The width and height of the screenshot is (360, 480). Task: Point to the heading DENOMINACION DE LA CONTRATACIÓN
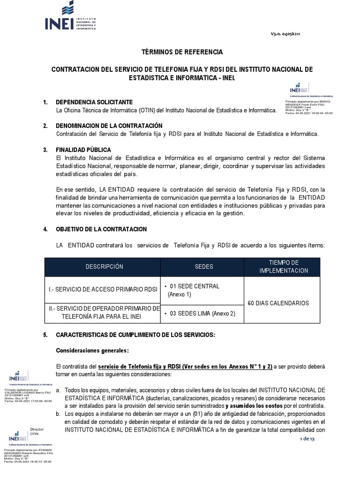(x=109, y=126)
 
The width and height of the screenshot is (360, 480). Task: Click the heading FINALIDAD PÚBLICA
(x=83, y=150)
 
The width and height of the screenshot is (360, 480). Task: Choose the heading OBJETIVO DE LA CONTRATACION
(x=101, y=229)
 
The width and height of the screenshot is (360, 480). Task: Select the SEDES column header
(x=203, y=267)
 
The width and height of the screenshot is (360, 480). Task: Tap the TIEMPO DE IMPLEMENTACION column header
(x=283, y=267)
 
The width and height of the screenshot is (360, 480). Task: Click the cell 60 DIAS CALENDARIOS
(x=278, y=303)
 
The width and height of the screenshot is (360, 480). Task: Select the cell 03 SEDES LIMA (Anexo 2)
(x=199, y=314)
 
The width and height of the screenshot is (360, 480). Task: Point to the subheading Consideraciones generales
(x=92, y=351)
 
